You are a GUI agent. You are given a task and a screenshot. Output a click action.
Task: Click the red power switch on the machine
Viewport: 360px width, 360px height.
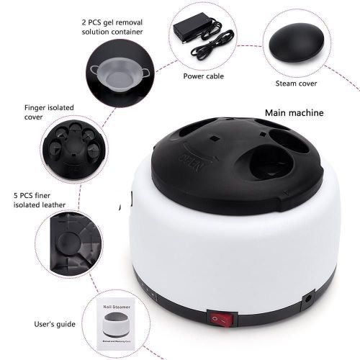[x=222, y=319]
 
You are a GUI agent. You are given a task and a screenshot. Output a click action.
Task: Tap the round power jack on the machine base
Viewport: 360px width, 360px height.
[x=308, y=299]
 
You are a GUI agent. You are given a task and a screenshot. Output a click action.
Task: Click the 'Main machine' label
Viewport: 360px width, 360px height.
[x=294, y=113]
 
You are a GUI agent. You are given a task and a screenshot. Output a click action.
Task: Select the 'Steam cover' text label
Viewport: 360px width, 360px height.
[x=296, y=84]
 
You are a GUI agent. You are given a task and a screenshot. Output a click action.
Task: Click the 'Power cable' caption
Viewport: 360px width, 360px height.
[x=204, y=76]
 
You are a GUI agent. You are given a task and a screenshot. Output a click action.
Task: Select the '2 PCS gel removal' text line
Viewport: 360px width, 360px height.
[x=112, y=22]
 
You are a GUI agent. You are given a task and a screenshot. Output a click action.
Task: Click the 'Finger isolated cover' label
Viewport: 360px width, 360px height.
[x=49, y=112]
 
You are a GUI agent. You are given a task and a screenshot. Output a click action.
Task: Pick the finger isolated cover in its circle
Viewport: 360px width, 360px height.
[x=75, y=149]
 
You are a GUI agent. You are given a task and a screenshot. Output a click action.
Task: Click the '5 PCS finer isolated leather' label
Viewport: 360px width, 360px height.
[x=40, y=200]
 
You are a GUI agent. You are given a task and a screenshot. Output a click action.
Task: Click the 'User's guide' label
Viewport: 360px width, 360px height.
[x=55, y=324]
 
